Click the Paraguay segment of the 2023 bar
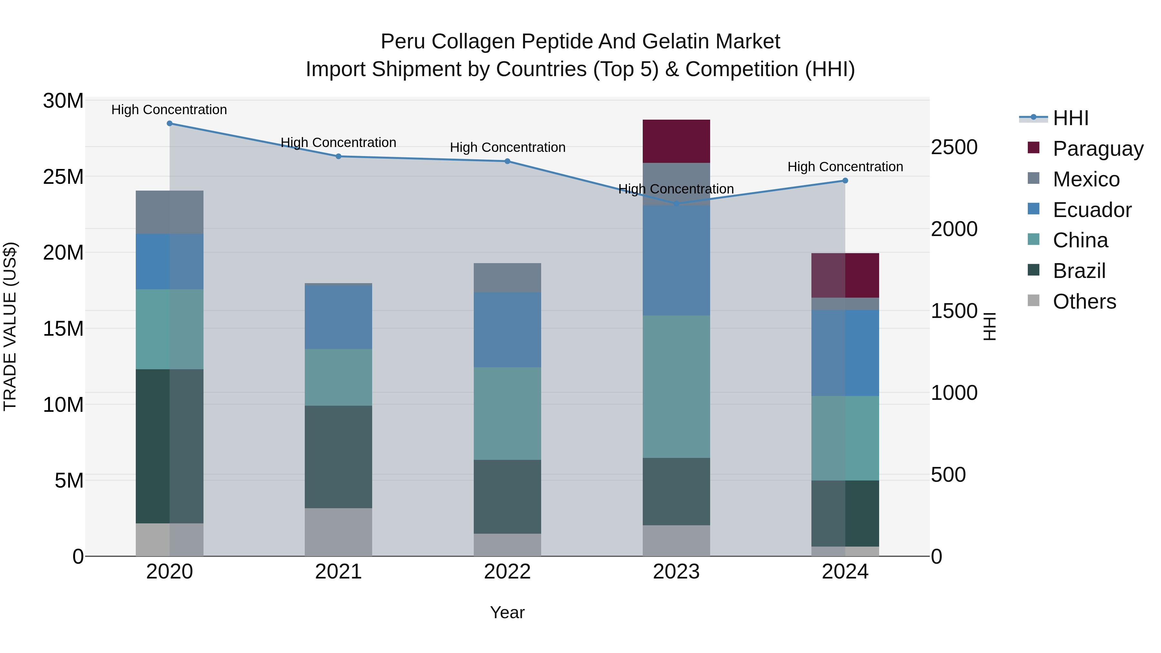(x=676, y=141)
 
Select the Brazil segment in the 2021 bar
(x=339, y=457)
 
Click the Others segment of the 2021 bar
(x=339, y=532)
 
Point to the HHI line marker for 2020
(x=169, y=124)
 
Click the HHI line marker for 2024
(x=845, y=181)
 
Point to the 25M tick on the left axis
(x=63, y=177)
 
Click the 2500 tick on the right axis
(x=954, y=147)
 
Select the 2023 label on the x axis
(x=676, y=572)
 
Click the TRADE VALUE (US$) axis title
(x=10, y=327)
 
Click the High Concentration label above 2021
(x=339, y=143)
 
